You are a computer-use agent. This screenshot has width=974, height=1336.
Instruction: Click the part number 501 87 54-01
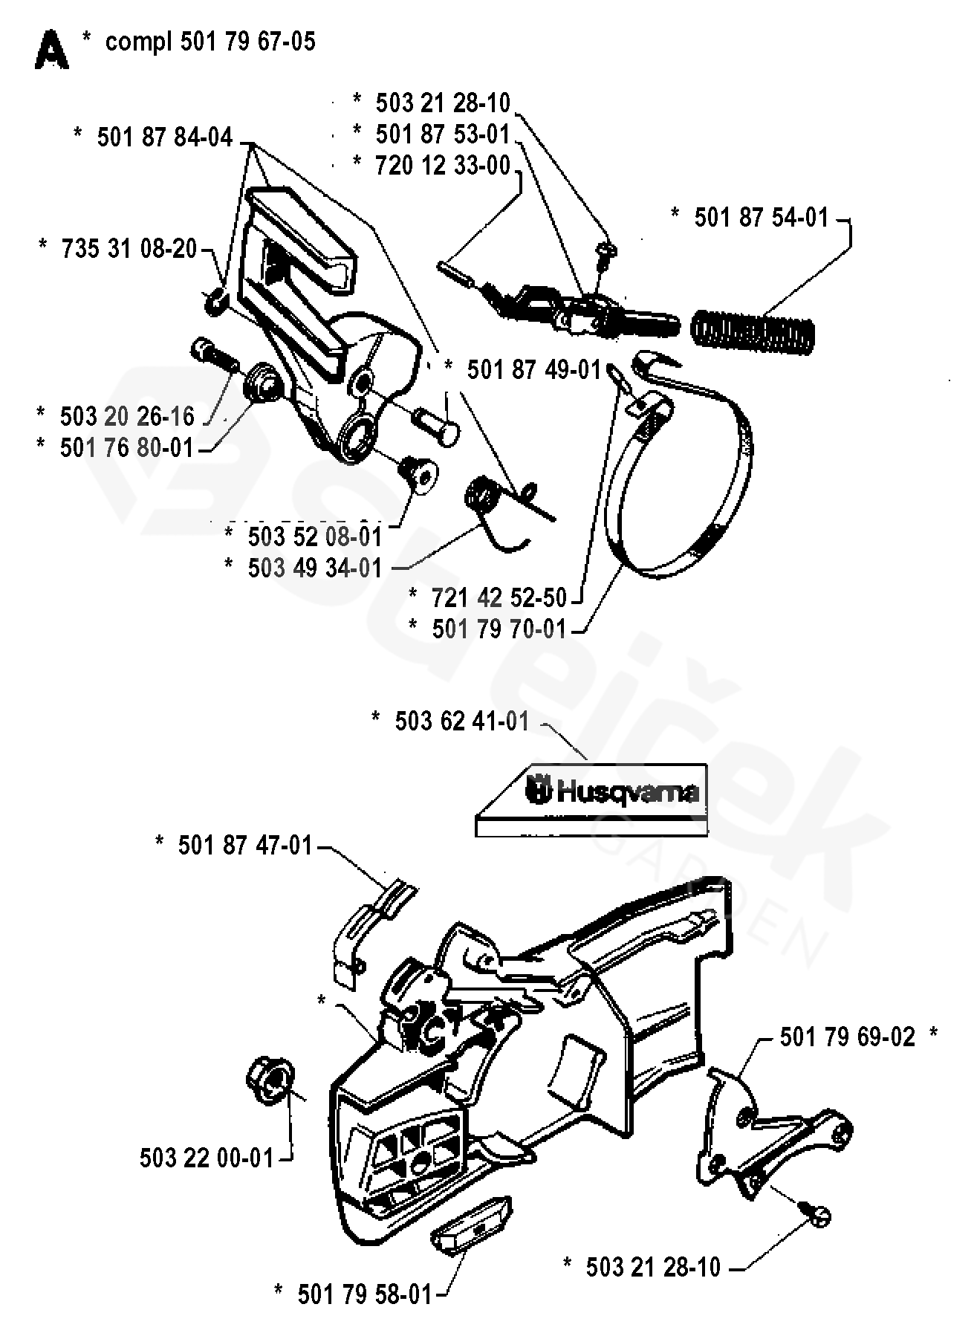pyautogui.click(x=761, y=218)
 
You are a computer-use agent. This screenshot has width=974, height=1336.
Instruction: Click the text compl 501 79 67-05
pyautogui.click(x=210, y=42)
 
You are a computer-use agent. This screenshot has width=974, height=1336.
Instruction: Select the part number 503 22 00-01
pyautogui.click(x=207, y=1158)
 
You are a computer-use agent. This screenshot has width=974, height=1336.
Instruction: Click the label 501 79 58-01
pyautogui.click(x=364, y=1294)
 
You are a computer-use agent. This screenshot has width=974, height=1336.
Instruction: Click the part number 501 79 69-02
pyautogui.click(x=847, y=1037)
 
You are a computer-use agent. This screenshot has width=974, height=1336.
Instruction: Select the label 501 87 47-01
pyautogui.click(x=244, y=846)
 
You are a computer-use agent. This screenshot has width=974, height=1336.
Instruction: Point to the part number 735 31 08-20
pyautogui.click(x=129, y=248)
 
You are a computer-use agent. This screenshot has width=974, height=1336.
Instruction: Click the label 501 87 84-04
pyautogui.click(x=164, y=137)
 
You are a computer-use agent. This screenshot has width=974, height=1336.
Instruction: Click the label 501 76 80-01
pyautogui.click(x=126, y=448)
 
